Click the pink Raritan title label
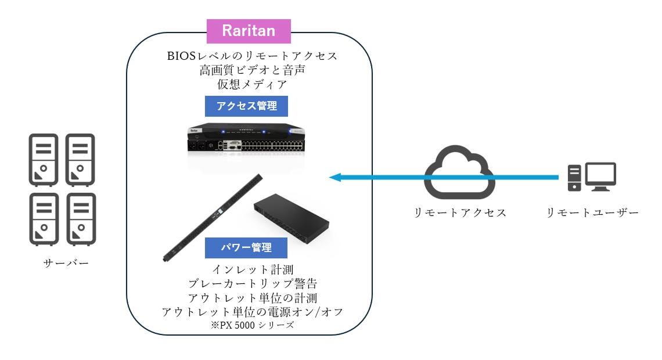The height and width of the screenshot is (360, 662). (249, 31)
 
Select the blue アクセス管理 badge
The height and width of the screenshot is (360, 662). (246, 106)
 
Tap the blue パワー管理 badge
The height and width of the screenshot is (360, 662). (246, 247)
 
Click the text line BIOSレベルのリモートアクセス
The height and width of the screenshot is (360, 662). (251, 56)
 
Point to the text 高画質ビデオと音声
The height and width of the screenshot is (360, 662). (251, 70)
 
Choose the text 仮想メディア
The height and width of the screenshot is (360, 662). (251, 84)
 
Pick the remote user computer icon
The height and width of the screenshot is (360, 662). (591, 177)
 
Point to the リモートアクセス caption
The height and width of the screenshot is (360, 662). (460, 213)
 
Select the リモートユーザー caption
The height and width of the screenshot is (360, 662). (592, 213)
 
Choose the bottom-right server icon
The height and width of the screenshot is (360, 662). (81, 218)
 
